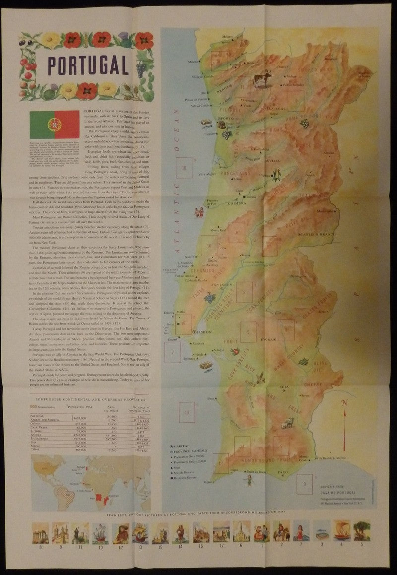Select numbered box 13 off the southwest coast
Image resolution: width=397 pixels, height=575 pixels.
tap(186, 412)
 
